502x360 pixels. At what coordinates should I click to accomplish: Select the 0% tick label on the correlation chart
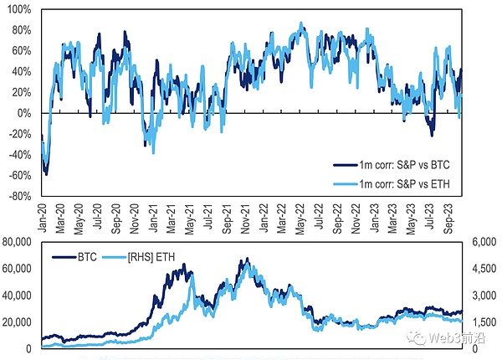coord(25,113)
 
